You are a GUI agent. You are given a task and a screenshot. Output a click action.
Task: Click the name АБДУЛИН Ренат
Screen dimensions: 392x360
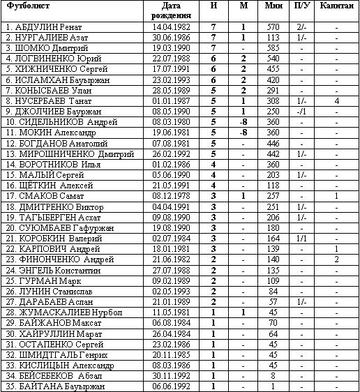coord(43,27)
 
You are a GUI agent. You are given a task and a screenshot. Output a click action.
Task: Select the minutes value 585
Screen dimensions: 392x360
coord(273,48)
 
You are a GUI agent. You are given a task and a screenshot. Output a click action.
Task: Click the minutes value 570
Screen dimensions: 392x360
coord(273,27)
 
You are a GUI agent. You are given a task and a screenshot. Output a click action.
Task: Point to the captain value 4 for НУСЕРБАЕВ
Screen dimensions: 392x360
coord(336,101)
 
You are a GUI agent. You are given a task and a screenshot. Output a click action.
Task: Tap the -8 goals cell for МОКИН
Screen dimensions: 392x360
coord(243,133)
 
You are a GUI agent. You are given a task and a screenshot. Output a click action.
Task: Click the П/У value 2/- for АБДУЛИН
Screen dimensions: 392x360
coord(302,27)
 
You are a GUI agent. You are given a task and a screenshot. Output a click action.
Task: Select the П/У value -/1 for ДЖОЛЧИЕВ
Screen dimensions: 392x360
coord(302,112)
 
